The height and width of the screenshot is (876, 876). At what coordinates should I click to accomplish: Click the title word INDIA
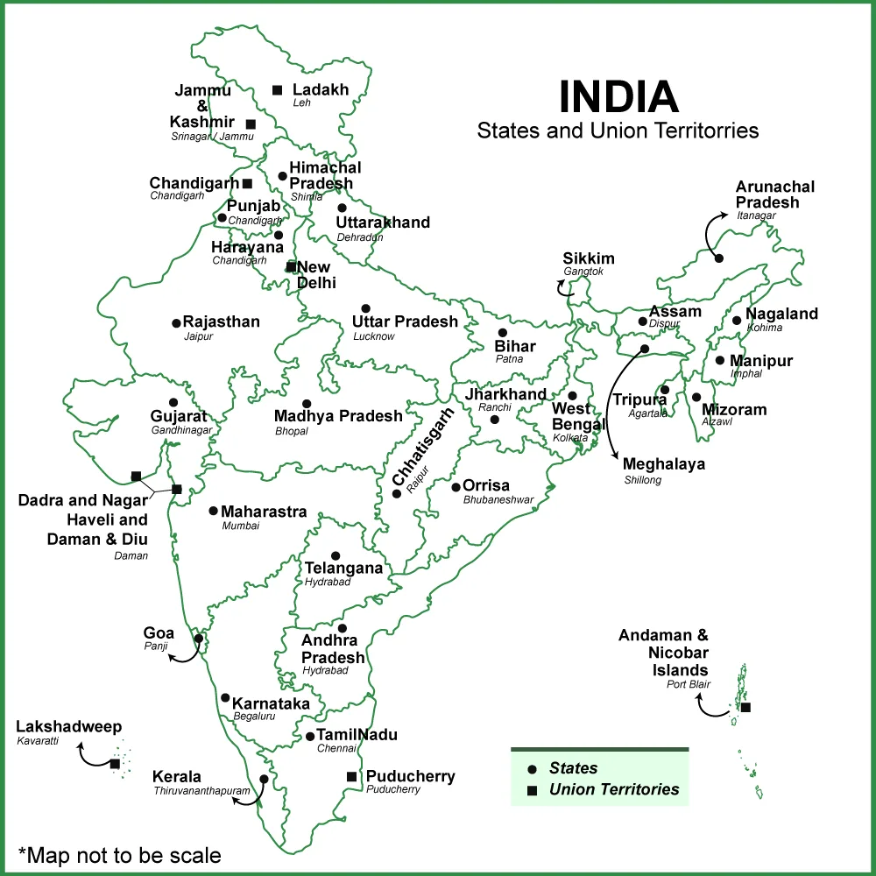click(618, 97)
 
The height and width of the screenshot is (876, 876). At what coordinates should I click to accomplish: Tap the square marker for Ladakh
click(277, 89)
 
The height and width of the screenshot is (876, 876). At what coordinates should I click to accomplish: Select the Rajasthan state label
click(221, 321)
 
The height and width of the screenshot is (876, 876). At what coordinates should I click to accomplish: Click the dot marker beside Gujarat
click(173, 402)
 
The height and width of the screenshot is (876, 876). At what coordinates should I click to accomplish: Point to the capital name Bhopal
click(292, 431)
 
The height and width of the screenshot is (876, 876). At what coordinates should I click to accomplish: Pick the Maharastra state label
click(264, 512)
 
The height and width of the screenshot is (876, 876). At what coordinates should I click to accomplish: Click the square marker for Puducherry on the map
click(351, 776)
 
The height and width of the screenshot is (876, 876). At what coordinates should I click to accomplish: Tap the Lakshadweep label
click(69, 727)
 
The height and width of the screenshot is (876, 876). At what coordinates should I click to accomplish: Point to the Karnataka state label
click(271, 703)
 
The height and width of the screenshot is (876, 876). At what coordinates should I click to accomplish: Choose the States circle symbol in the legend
click(532, 769)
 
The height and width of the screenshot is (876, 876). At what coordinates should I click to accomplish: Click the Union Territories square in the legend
click(532, 790)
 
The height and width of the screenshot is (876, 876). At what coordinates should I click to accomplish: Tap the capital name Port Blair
click(688, 684)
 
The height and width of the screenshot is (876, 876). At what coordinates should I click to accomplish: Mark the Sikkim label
click(589, 258)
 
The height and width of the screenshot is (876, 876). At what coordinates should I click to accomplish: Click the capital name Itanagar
click(757, 215)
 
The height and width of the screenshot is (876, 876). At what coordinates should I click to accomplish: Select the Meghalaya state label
click(664, 464)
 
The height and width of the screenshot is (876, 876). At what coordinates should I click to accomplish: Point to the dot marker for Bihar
click(502, 333)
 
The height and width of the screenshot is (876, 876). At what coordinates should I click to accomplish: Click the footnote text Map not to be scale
click(119, 854)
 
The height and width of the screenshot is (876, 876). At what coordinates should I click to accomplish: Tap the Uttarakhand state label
click(383, 223)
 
